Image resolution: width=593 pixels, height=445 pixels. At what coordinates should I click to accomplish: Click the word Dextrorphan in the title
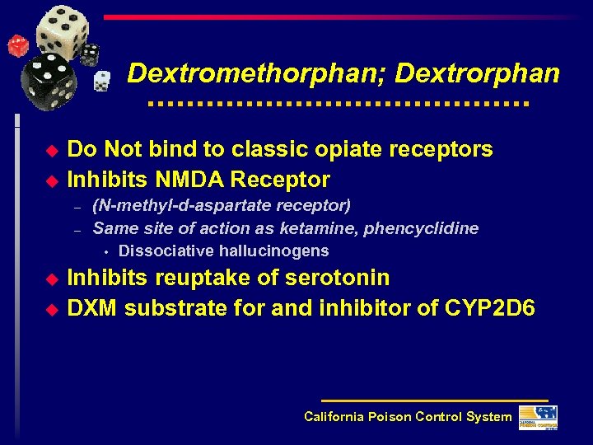(478, 73)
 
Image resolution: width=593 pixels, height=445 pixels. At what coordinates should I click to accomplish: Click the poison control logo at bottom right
(538, 417)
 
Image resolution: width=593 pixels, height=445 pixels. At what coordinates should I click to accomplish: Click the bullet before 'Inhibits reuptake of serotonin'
(53, 279)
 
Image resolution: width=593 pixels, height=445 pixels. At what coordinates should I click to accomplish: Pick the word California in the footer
(333, 417)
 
